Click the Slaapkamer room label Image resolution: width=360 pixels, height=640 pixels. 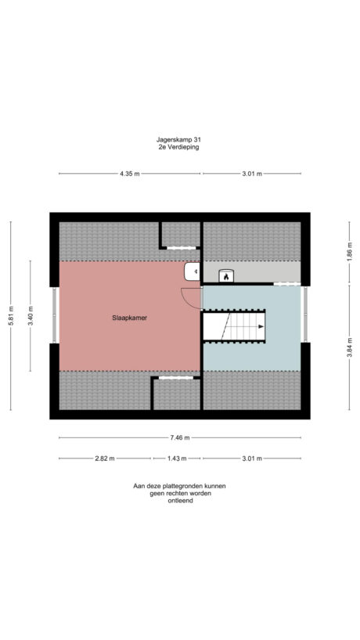tap(129, 318)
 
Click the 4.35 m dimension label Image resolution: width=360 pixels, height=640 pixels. tap(130, 174)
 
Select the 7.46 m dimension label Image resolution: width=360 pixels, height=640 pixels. tap(180, 438)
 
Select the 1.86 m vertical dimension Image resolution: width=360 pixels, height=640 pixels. tap(348, 252)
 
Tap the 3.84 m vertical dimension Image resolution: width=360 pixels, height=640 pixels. tap(348, 345)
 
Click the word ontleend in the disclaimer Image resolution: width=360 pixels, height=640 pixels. tap(179, 501)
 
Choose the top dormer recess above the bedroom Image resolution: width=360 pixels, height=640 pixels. tap(181, 234)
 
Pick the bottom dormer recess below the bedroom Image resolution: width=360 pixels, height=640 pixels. tap(176, 394)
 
